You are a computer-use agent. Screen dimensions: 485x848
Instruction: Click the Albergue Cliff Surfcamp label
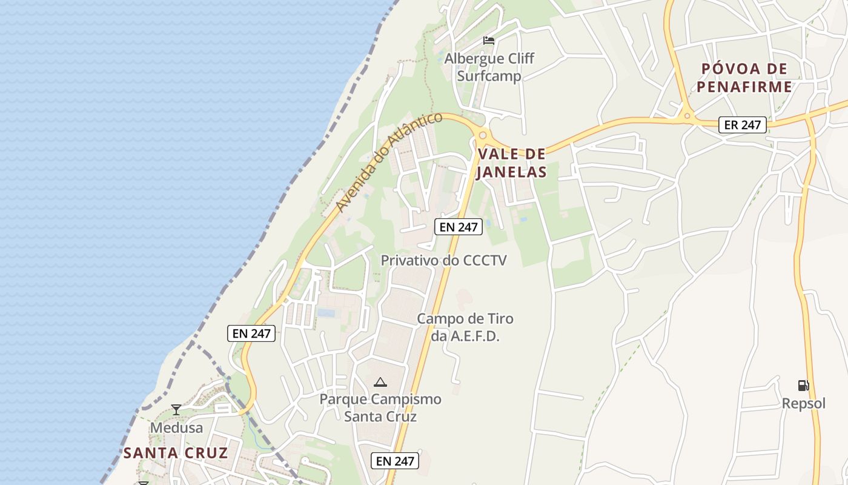[x=489, y=67]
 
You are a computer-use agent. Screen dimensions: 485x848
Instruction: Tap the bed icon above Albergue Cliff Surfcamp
[x=489, y=41]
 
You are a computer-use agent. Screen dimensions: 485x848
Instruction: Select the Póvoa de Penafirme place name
[x=744, y=78]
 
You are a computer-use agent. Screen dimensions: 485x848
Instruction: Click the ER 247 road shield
[x=743, y=125]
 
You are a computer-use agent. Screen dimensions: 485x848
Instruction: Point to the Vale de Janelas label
[x=511, y=163]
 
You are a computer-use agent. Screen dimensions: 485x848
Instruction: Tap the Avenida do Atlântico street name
[x=389, y=161]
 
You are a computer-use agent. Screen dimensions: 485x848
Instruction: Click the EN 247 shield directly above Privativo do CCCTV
[x=459, y=227]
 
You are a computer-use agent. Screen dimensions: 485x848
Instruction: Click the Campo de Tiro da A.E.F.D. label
[x=465, y=327]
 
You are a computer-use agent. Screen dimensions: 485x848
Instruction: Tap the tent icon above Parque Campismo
[x=380, y=382]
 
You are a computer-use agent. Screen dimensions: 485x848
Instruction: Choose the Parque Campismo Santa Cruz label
[x=380, y=408]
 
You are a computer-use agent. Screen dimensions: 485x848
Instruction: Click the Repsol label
[x=803, y=403]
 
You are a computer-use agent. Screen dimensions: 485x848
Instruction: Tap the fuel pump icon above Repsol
[x=803, y=386]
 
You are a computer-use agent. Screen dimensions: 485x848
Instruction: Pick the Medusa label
[x=176, y=427]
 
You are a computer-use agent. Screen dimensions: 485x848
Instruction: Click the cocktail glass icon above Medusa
[x=176, y=410]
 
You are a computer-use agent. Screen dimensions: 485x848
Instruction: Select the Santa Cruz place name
[x=176, y=453]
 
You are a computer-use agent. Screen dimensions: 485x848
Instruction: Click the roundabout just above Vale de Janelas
[x=482, y=135]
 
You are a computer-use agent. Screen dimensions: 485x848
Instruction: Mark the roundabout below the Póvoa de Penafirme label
[x=687, y=115]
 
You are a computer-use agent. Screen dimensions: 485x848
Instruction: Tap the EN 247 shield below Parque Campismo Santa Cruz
[x=395, y=461]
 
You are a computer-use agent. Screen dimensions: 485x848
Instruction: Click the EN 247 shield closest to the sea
[x=251, y=333]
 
